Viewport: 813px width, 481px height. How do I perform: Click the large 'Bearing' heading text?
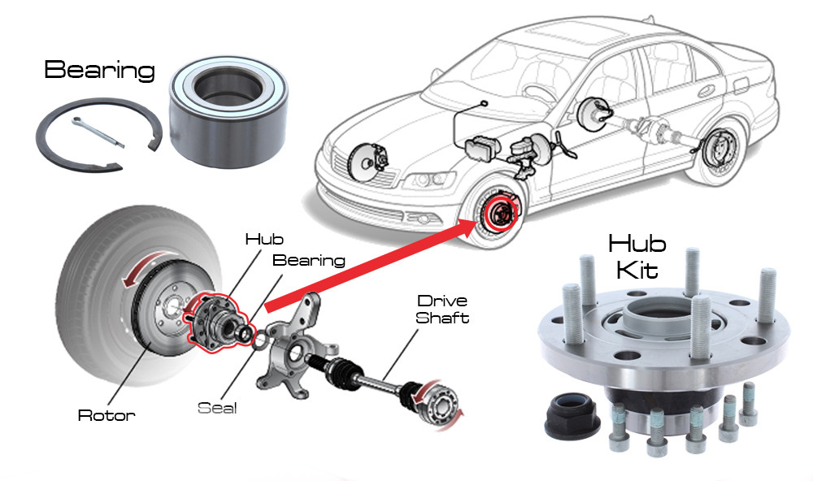(99, 70)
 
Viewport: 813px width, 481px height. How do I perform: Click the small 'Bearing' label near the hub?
(309, 261)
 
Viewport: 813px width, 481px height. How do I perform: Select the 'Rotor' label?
(106, 415)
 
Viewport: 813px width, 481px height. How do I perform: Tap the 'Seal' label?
(217, 407)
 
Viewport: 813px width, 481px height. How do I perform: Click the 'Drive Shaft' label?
(442, 310)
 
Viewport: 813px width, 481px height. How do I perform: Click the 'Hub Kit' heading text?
(637, 255)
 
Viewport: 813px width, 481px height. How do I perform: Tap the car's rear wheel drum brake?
(716, 150)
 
